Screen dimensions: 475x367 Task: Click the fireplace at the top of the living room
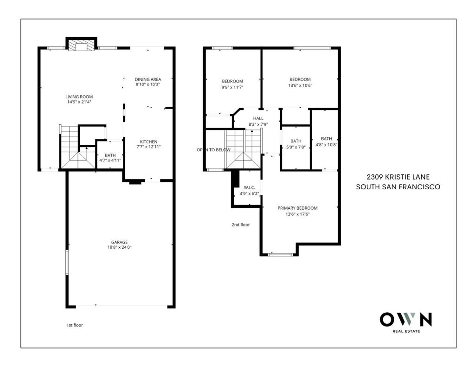pyautogui.click(x=82, y=45)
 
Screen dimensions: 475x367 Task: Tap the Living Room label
pyautogui.click(x=79, y=97)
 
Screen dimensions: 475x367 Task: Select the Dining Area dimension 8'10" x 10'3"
pyautogui.click(x=148, y=84)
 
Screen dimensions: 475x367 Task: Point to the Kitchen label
pyautogui.click(x=148, y=142)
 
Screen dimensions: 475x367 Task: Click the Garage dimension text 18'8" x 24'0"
pyautogui.click(x=119, y=247)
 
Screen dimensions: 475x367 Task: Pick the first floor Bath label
pyautogui.click(x=110, y=155)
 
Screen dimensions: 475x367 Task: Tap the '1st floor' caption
pyautogui.click(x=75, y=325)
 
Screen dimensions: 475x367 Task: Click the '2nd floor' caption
pyautogui.click(x=241, y=225)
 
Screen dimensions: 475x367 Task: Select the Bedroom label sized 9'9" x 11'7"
pyautogui.click(x=232, y=81)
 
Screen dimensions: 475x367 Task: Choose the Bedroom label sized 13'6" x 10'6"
pyautogui.click(x=300, y=79)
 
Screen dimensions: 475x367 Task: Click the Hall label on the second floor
pyautogui.click(x=258, y=118)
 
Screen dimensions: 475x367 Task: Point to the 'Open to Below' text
pyautogui.click(x=213, y=150)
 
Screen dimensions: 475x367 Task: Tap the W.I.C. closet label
pyautogui.click(x=249, y=187)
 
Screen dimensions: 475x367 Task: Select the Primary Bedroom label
pyautogui.click(x=297, y=208)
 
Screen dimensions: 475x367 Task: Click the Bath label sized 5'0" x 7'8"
pyautogui.click(x=296, y=141)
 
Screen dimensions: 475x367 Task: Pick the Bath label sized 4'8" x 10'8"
pyautogui.click(x=326, y=139)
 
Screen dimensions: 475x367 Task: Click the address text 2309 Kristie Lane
pyautogui.click(x=398, y=177)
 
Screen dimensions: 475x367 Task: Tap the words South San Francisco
pyautogui.click(x=398, y=187)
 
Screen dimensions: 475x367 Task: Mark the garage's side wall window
pyautogui.click(x=67, y=263)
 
